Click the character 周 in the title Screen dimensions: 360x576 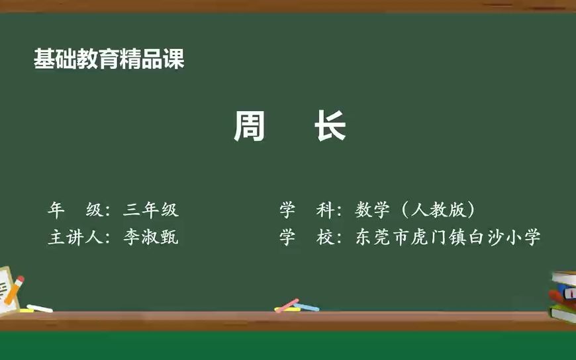pyautogui.click(x=249, y=126)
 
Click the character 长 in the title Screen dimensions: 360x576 pyautogui.click(x=330, y=126)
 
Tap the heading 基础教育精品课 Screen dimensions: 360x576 pyautogui.click(x=109, y=60)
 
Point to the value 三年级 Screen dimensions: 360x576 pyautogui.click(x=151, y=210)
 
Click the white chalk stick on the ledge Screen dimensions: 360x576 pyautogui.click(x=39, y=308)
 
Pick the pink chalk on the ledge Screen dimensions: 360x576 pyautogui.click(x=287, y=306)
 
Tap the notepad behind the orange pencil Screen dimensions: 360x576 pyautogui.click(x=5, y=285)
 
